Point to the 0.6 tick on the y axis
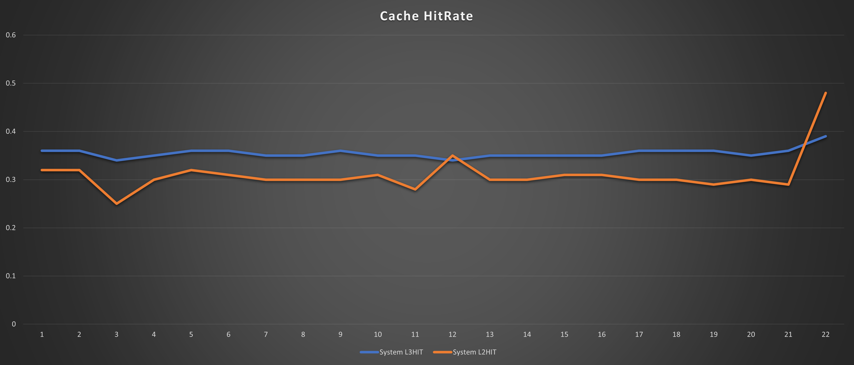coord(11,35)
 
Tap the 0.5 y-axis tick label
coord(11,83)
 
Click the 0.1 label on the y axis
coord(11,276)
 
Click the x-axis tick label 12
coord(452,334)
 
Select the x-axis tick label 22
coord(825,334)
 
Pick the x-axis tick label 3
coord(116,334)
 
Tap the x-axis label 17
coord(639,334)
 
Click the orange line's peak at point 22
coord(825,93)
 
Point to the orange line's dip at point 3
coord(116,204)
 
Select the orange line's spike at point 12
coord(452,155)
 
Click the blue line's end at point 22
coord(825,136)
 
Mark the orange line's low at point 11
coord(415,189)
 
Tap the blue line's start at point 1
coord(42,151)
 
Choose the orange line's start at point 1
coord(42,170)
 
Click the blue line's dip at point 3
coord(116,160)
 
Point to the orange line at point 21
coord(788,184)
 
